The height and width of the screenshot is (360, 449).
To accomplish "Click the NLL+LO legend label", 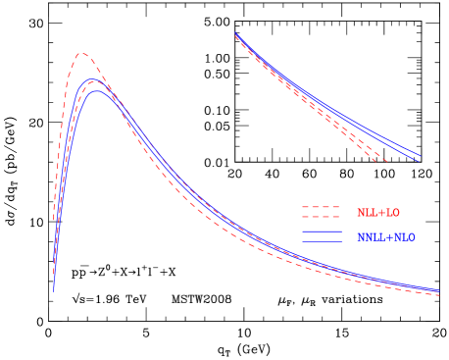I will [377, 213].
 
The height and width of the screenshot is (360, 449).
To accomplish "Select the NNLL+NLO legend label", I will [385, 237].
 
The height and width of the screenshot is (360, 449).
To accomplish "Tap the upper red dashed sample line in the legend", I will [321, 207].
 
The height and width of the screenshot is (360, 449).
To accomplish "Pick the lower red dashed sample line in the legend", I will [321, 217].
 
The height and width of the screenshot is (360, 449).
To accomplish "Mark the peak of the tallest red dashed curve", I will [82, 54].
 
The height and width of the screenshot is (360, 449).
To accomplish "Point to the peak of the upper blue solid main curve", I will [93, 79].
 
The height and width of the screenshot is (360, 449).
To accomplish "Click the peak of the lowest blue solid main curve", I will [97, 91].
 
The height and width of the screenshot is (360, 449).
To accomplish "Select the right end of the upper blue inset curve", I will [421, 155].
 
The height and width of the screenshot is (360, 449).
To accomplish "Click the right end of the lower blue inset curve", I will [419, 162].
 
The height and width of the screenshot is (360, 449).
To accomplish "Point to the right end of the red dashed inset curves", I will [388, 162].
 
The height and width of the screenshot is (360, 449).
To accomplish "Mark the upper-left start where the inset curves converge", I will [236, 34].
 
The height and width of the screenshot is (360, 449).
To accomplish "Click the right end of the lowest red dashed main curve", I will [438, 295].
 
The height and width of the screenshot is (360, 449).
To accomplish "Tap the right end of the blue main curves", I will [438, 290].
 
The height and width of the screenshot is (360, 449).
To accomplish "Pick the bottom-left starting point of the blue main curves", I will [54, 290].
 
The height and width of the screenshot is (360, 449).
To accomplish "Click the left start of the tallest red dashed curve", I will [54, 221].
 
